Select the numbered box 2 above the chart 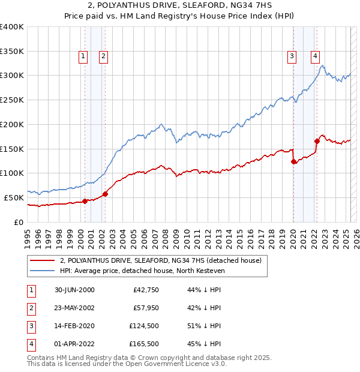[103, 57]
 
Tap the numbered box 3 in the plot [292, 57]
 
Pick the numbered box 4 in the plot [315, 57]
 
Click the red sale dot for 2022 [316, 141]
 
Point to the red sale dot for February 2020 [293, 161]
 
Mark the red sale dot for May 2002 [105, 194]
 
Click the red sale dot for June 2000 [85, 201]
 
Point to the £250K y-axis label [13, 100]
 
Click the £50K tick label [15, 197]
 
